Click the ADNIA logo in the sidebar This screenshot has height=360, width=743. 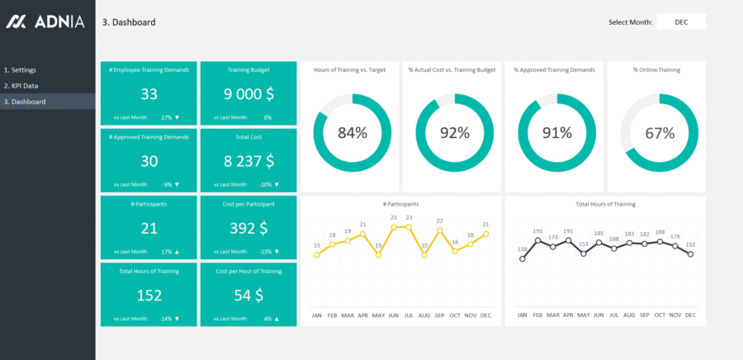click(45, 22)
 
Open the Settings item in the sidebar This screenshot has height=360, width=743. click(21, 70)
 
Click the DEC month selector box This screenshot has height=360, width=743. click(681, 22)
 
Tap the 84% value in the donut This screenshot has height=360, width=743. click(353, 133)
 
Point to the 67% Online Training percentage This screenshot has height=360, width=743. click(658, 133)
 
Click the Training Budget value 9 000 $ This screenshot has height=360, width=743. click(248, 94)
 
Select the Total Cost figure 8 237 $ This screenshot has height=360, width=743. click(248, 161)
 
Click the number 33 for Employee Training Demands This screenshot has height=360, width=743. click(149, 94)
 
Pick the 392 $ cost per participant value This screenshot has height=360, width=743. click(248, 228)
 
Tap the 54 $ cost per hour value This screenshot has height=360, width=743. click(248, 296)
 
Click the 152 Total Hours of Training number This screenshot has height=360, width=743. click(149, 296)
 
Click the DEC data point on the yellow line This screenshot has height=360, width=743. click(486, 234)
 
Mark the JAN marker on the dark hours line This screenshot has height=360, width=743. click(522, 258)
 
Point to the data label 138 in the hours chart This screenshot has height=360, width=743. click(522, 249)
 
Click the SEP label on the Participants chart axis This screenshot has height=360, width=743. click(438, 315)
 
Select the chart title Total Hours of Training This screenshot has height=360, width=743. click(605, 204)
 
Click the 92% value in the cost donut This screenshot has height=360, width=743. click(454, 133)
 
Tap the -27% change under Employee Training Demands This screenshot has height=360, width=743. click(166, 117)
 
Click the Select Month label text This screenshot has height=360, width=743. click(630, 22)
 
